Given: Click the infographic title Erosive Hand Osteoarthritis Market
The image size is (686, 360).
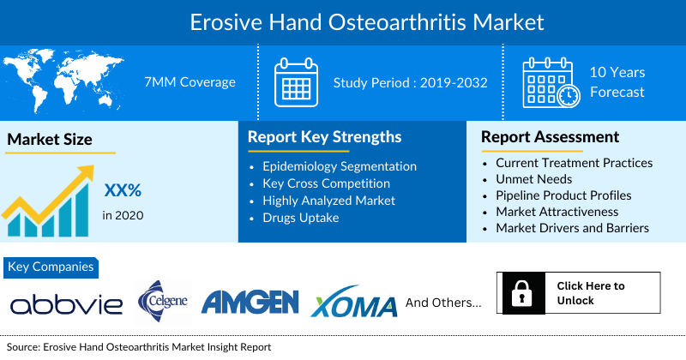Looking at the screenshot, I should coord(342,19).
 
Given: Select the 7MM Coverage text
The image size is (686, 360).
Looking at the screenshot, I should coord(190,82).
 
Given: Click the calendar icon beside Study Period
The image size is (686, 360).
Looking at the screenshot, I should coord(296,82).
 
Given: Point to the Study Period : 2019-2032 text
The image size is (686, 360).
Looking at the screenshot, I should coord(411,82).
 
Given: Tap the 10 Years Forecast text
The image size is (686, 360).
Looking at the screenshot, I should coord(617,82).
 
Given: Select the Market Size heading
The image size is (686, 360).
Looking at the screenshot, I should coord(50,139).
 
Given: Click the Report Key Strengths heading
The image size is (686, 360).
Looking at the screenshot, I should coord(324,137).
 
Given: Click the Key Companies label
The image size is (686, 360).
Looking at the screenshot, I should coord(51,267).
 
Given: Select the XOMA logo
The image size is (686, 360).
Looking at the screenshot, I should coord(353,304).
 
